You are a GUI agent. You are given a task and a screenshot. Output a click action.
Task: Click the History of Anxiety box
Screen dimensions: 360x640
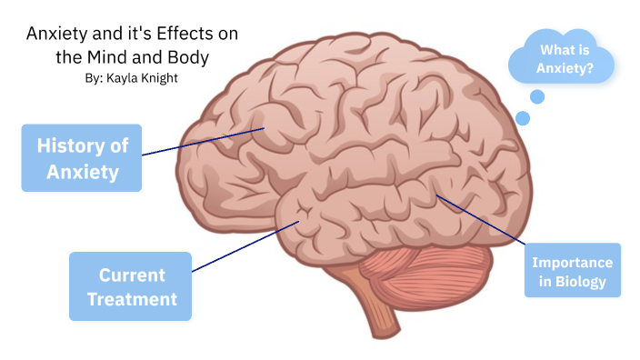click(x=82, y=158)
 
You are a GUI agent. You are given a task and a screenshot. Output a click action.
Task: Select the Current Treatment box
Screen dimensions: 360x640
click(x=131, y=286)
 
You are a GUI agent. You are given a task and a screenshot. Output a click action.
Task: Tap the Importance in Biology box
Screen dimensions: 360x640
click(x=572, y=271)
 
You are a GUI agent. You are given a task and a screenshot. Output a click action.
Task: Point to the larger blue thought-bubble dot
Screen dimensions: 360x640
click(x=536, y=96)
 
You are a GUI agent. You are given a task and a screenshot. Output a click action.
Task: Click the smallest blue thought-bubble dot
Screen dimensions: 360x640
click(x=522, y=117)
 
